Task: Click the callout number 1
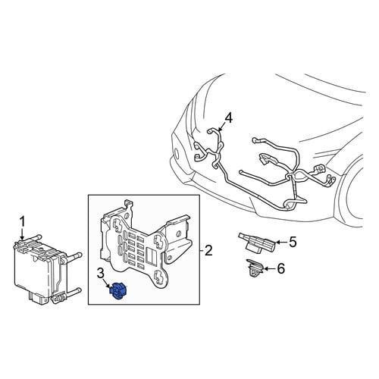[x=23, y=222]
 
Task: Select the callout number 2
[x=208, y=250]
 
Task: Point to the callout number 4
[x=228, y=118]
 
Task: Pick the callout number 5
[x=293, y=243]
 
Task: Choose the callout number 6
[x=281, y=268]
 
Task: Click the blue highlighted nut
[x=118, y=291]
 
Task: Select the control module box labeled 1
[x=47, y=268]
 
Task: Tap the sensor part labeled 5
[x=256, y=243]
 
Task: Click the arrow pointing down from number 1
[x=23, y=234]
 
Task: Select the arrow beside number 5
[x=282, y=243]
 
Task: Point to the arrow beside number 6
[x=270, y=269]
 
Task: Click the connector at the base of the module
[x=38, y=296]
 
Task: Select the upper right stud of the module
[x=75, y=256]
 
